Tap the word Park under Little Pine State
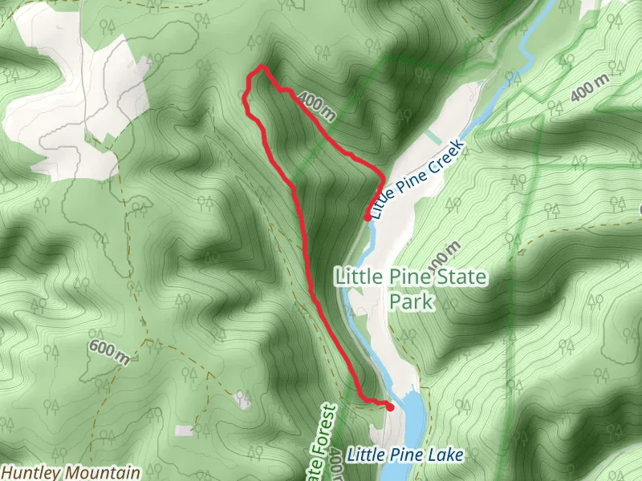tap(411, 302)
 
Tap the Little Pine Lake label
tap(405, 455)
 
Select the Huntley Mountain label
tap(71, 472)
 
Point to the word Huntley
tap(30, 472)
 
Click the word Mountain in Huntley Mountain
tap(102, 472)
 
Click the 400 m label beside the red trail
tap(315, 106)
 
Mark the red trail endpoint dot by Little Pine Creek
tap(368, 217)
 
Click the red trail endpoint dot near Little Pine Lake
tap(390, 407)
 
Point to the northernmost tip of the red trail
tap(262, 66)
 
